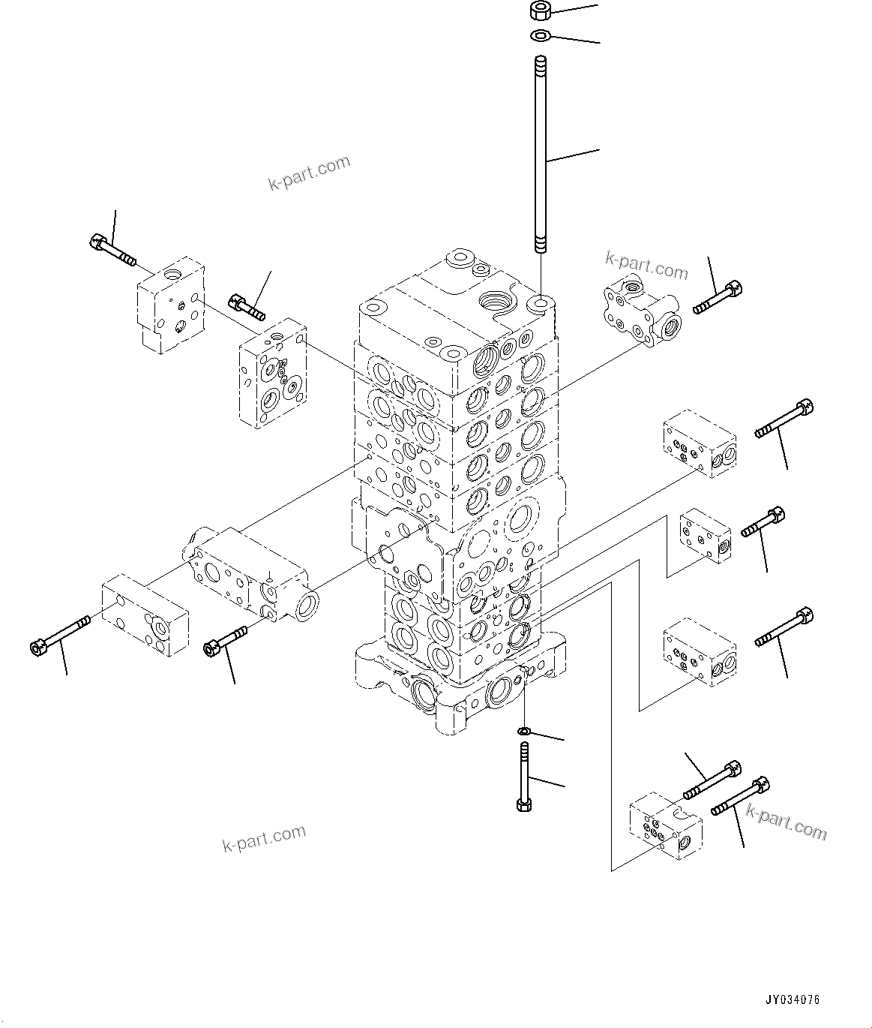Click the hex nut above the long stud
click(x=540, y=11)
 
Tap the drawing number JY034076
click(x=793, y=1000)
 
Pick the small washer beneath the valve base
click(x=525, y=731)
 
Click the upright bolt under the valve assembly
click(x=523, y=777)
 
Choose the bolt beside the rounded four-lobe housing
click(x=718, y=297)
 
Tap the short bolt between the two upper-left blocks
click(x=247, y=306)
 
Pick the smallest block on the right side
click(x=704, y=535)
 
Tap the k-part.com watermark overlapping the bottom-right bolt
click(x=786, y=822)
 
